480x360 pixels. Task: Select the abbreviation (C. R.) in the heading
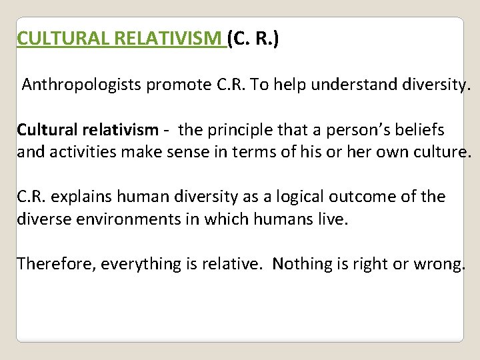(253, 39)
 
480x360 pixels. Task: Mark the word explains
(80, 197)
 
